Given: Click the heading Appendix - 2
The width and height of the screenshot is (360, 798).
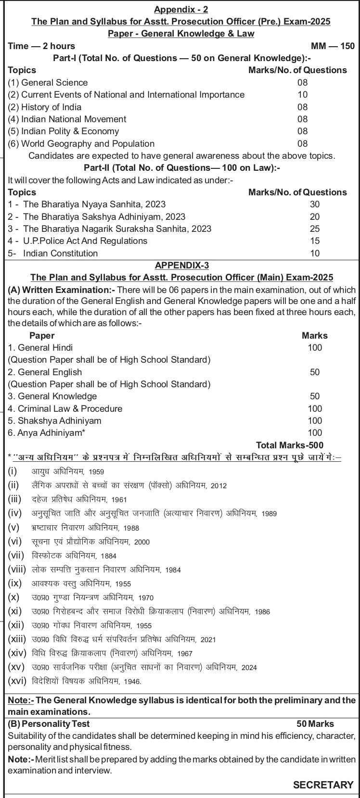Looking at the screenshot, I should (181, 10).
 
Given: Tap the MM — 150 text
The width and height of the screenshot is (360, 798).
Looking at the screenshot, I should (333, 46).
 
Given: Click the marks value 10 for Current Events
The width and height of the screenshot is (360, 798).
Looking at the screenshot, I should (302, 95).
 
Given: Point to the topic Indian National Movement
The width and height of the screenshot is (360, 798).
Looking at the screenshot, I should (67, 119).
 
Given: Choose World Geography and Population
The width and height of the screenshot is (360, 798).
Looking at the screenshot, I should (81, 143).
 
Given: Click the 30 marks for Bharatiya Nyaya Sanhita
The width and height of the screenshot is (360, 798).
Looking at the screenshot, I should (315, 204).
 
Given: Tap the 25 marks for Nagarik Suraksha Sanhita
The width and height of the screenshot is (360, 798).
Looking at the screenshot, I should (315, 229).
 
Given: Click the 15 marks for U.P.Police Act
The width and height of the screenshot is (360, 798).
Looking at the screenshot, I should (315, 241).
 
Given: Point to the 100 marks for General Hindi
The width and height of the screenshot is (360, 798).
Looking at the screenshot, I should (315, 348).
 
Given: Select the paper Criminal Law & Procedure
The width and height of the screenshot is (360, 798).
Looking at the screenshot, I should (65, 409).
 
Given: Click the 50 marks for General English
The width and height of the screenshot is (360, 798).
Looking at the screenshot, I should (315, 372).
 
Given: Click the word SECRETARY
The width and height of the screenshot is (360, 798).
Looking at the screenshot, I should (323, 785).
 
